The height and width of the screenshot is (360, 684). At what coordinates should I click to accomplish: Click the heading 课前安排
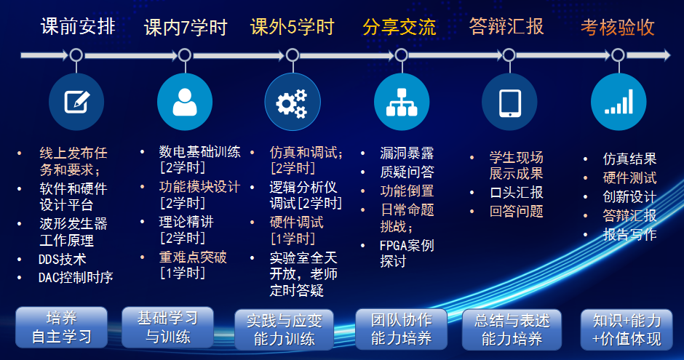click(x=78, y=27)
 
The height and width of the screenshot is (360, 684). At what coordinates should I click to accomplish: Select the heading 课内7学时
click(x=186, y=28)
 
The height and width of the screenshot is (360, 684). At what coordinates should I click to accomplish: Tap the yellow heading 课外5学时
click(x=293, y=27)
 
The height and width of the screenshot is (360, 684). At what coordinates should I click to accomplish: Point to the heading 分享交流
click(x=399, y=27)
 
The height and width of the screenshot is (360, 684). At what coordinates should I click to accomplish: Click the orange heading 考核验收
click(x=617, y=27)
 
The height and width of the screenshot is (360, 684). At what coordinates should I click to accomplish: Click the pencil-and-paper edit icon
click(x=77, y=102)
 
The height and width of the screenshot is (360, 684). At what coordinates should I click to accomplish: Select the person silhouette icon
click(x=185, y=102)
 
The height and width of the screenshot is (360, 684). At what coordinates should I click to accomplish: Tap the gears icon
click(x=292, y=103)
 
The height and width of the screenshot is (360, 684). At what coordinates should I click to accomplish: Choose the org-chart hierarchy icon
click(x=402, y=103)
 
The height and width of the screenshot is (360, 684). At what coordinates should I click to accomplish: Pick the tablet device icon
click(x=510, y=103)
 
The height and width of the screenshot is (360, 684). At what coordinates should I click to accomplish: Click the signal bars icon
click(x=619, y=102)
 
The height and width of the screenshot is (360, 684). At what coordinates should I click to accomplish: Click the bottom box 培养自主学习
click(x=62, y=327)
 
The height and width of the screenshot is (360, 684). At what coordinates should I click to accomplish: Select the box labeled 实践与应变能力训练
click(x=284, y=330)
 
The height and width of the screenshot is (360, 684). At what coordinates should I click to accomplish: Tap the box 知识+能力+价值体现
click(x=627, y=330)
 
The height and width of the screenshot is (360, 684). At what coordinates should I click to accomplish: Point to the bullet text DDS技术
click(x=63, y=260)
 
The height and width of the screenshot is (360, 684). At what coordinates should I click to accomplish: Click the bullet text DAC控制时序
click(x=76, y=277)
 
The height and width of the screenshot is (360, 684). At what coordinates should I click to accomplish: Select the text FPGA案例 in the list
click(x=407, y=245)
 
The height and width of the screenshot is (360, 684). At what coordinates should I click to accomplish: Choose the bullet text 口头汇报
click(x=517, y=192)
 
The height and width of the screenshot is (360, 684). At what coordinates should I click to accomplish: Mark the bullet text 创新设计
click(x=629, y=196)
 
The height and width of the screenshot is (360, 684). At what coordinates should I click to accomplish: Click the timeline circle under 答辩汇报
click(x=509, y=55)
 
